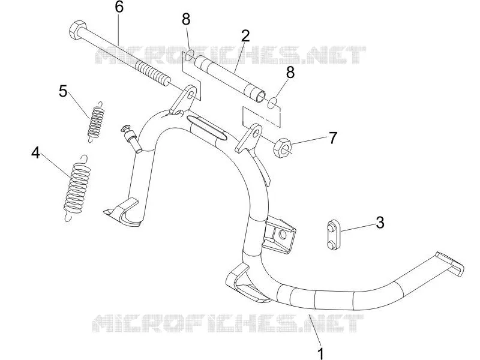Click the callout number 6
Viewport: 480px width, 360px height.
click(119, 7)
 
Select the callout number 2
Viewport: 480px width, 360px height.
click(245, 36)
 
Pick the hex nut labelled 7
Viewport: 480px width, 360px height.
click(283, 148)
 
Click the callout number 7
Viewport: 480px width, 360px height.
click(332, 138)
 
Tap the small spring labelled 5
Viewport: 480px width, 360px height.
click(95, 122)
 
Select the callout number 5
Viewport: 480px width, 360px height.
click(63, 91)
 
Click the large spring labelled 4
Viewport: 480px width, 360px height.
click(77, 187)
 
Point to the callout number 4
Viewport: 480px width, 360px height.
click(35, 153)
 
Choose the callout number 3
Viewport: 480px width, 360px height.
click(380, 223)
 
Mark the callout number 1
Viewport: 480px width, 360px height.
click(320, 353)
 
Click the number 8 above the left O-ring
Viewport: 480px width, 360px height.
click(186, 19)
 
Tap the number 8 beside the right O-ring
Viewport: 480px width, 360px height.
click(290, 73)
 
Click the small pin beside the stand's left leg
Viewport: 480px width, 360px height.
click(131, 139)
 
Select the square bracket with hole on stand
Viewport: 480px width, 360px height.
click(279, 234)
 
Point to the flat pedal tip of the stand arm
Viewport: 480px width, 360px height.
click(449, 264)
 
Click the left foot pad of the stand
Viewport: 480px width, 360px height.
click(122, 212)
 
